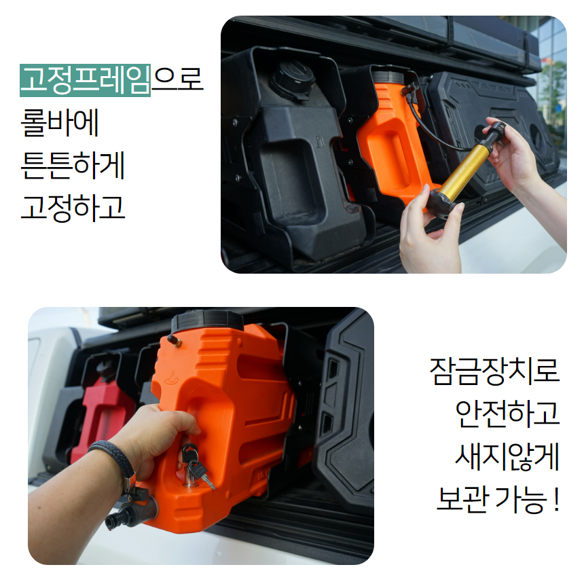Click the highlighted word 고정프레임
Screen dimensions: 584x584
[x=85, y=80]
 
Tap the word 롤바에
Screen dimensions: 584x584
[x=60, y=122]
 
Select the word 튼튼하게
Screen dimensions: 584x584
[x=73, y=165]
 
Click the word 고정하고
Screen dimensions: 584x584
[x=73, y=207]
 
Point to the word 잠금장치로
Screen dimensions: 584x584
[x=494, y=370]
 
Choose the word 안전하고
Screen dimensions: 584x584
[x=508, y=413]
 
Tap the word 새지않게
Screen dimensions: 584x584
[x=508, y=456]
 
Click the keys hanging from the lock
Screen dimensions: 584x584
[x=196, y=467]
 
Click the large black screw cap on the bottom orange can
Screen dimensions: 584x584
[x=207, y=321]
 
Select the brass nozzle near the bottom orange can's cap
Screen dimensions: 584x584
[x=175, y=340]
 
